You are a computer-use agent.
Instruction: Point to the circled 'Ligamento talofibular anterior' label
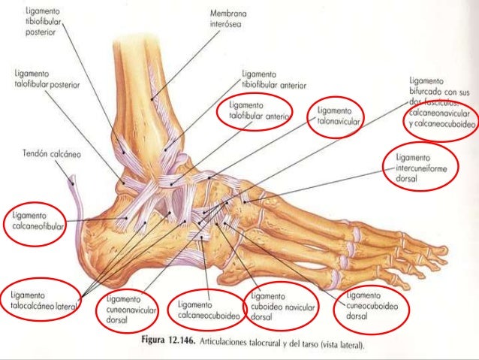click(x=260, y=111)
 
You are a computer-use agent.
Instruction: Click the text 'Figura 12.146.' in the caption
click(x=170, y=345)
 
